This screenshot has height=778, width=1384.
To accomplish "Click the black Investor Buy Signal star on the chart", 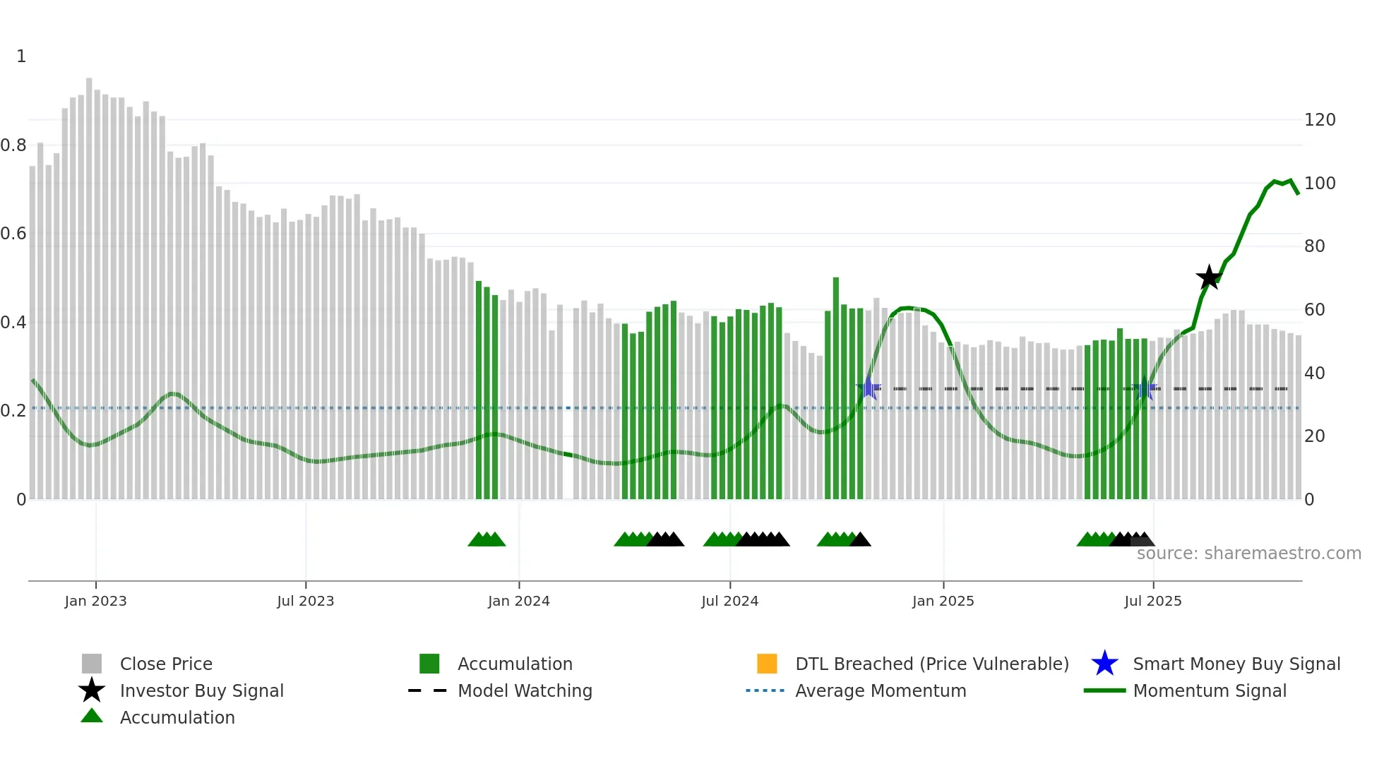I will click(x=1209, y=277).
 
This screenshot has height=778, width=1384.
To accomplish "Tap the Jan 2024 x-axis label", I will click(x=518, y=601).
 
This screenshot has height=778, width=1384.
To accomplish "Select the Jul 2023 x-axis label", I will click(x=305, y=601).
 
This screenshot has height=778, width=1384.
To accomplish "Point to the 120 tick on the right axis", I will click(x=1319, y=120).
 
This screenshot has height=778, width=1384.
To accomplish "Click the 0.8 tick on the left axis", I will click(x=13, y=145).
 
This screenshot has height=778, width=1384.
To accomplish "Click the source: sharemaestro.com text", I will click(x=1248, y=553).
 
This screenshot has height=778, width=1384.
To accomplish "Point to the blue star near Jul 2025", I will click(x=1145, y=388).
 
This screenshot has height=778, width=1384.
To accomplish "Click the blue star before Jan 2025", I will click(x=869, y=388).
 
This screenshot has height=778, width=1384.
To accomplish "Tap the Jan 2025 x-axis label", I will click(x=943, y=601).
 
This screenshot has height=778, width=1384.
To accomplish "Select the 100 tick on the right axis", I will click(x=1319, y=184).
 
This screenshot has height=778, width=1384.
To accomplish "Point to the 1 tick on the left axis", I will click(x=21, y=56).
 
